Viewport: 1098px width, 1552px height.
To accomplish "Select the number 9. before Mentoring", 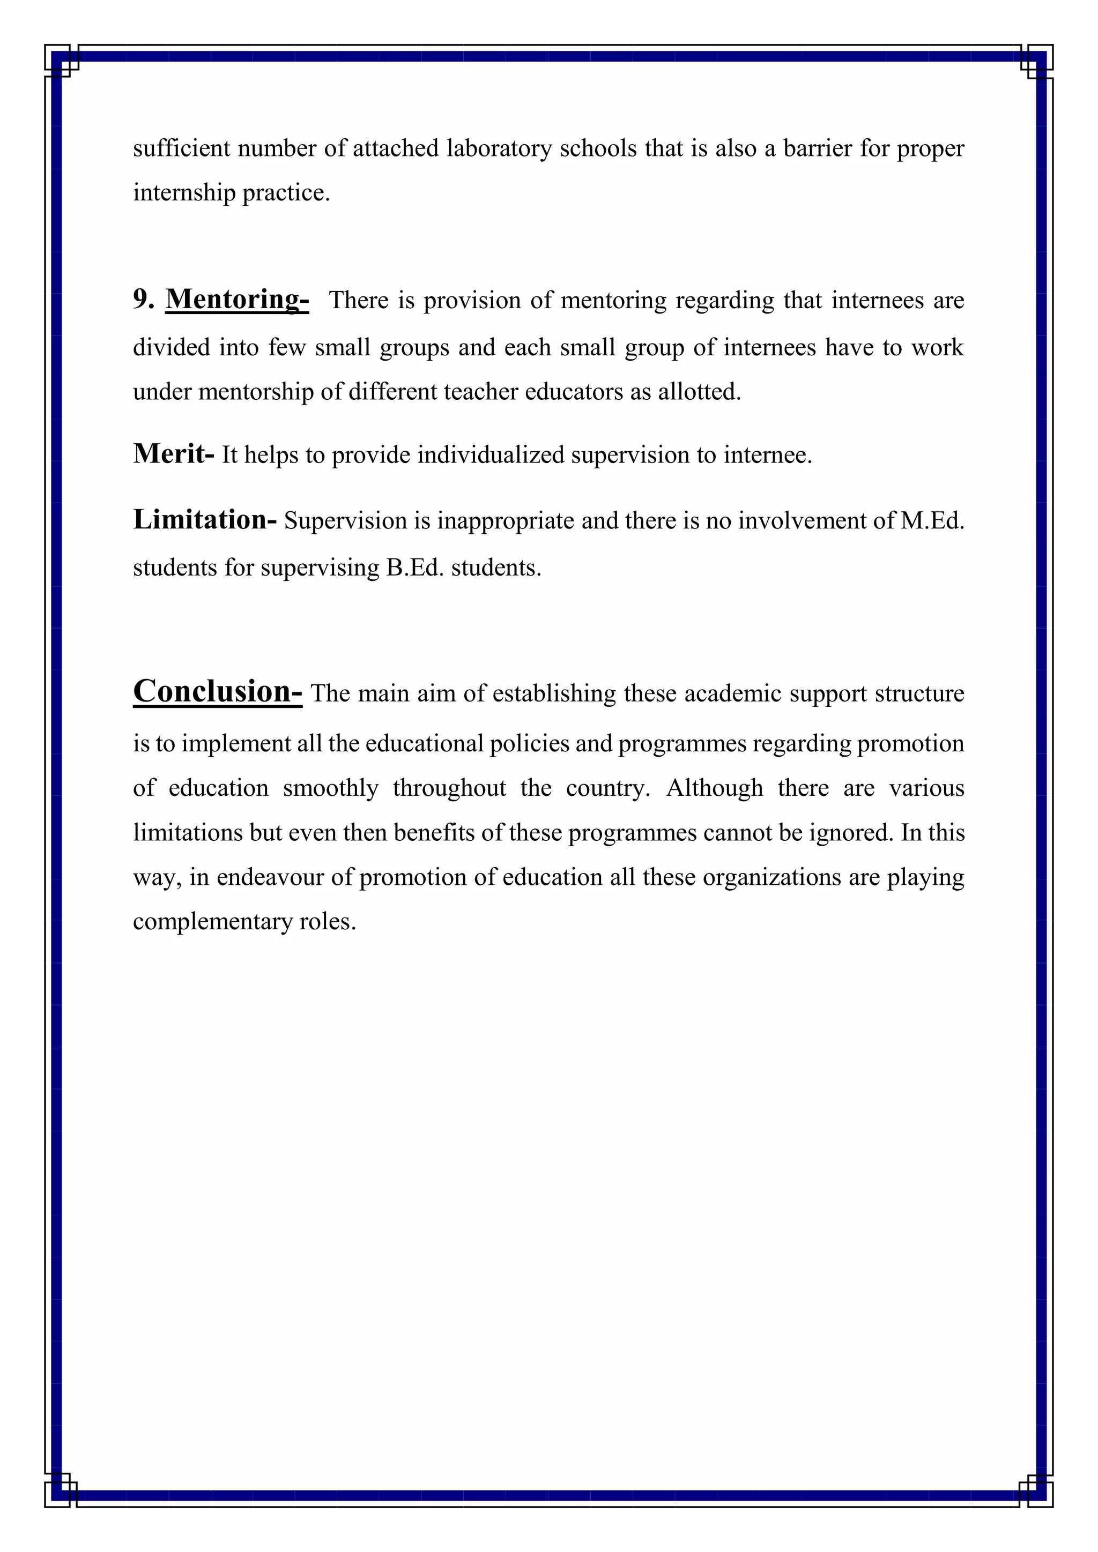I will click(143, 300).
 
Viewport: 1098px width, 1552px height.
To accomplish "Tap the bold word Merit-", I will click(174, 453).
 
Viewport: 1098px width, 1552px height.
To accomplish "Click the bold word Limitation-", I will click(204, 520).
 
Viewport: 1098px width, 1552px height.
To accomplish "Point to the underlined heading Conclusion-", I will click(217, 691).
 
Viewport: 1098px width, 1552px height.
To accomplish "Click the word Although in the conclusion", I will click(715, 788).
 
